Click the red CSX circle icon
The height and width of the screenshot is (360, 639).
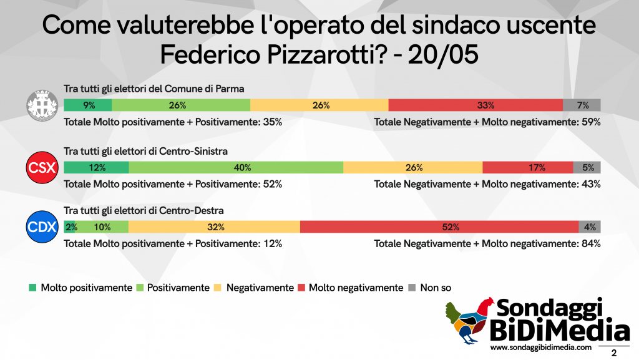click(x=42, y=167)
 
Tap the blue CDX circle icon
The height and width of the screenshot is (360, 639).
click(x=42, y=227)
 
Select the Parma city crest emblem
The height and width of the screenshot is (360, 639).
click(x=42, y=105)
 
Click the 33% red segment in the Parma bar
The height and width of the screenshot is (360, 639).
click(x=476, y=105)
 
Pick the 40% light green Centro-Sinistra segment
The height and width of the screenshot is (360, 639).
click(x=236, y=167)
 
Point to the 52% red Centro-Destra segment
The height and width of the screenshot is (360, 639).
click(x=439, y=227)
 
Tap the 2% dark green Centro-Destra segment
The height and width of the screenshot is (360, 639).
click(x=69, y=227)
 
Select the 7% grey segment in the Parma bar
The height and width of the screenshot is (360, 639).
click(x=582, y=105)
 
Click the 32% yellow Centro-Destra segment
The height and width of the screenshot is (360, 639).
click(x=214, y=227)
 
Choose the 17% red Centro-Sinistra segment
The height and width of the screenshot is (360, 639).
click(x=528, y=167)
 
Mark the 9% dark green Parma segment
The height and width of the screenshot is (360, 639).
click(x=88, y=105)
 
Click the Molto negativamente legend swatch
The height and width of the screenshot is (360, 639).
click(x=301, y=288)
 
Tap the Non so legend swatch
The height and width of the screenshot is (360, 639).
click(x=412, y=288)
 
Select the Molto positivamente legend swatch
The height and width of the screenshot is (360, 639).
click(x=32, y=288)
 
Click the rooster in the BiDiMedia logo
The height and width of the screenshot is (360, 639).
click(x=469, y=321)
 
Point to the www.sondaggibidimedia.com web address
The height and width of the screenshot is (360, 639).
click(x=541, y=348)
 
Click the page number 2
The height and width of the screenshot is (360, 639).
click(x=614, y=353)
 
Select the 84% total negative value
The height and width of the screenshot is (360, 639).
click(x=592, y=243)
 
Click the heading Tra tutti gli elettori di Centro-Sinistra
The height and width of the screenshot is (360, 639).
click(x=145, y=151)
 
